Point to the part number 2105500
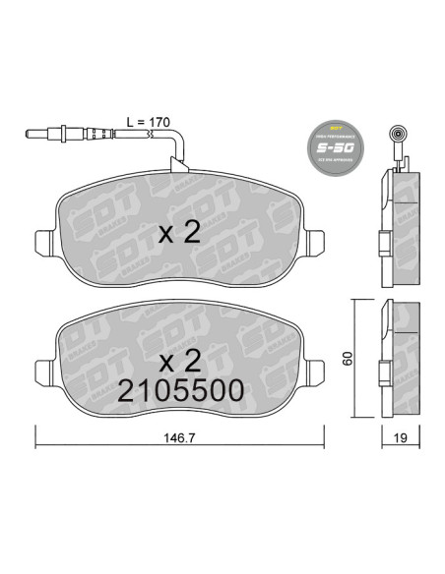click(181, 389)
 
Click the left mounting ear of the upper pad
click(46, 242)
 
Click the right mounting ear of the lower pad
click(317, 373)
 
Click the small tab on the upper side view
click(380, 240)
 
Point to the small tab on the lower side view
click(380, 372)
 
